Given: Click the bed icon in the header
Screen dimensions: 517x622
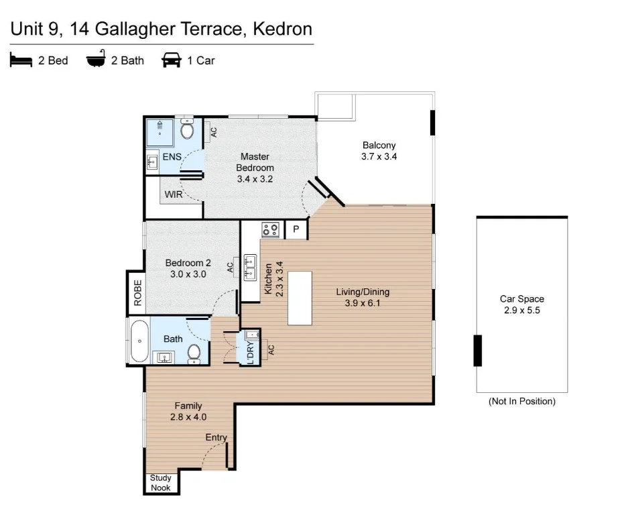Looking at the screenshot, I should tap(21, 61).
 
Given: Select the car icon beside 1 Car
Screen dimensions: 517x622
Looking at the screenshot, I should tap(172, 61).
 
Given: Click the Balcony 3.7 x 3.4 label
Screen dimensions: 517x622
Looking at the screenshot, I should tap(379, 151).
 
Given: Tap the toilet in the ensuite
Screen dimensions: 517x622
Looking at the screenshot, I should tap(187, 129).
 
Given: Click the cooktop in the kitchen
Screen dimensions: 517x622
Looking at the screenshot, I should tap(270, 230).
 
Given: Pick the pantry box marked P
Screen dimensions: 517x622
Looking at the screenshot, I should tap(296, 230).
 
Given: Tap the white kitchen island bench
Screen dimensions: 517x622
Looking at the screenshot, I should tap(301, 298).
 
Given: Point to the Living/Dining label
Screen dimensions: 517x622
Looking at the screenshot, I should tap(363, 297).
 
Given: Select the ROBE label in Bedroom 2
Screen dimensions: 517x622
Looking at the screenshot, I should tap(137, 293).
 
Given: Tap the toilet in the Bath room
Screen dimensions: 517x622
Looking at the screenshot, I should tap(194, 352).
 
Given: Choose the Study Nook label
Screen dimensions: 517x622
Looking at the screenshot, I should tap(161, 483).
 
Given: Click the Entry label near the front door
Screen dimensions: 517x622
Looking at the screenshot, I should tap(216, 438).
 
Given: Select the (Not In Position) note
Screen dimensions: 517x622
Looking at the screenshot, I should tap(521, 402).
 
